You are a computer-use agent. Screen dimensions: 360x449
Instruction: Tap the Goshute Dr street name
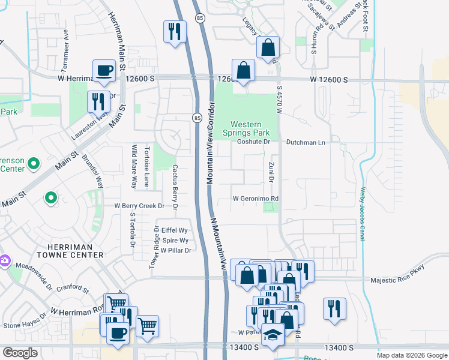(254, 142)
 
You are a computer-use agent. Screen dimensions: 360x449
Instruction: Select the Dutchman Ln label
(305, 142)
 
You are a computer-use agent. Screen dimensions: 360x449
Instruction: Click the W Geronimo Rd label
(256, 199)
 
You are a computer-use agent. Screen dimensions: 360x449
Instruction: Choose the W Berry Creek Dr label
(139, 205)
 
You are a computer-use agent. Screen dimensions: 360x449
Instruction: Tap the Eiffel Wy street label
(175, 230)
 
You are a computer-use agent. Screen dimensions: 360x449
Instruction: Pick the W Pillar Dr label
(175, 250)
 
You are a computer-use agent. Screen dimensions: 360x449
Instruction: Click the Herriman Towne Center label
(79, 251)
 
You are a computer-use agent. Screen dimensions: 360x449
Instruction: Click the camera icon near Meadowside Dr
(4, 260)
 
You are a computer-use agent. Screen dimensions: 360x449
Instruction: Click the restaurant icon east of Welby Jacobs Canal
(334, 308)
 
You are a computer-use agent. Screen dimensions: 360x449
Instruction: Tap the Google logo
(20, 353)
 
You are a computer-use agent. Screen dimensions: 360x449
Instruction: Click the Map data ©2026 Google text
(412, 355)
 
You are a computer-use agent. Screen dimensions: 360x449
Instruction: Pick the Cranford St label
(72, 289)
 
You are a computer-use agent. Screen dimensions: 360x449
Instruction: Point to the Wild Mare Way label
(134, 167)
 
